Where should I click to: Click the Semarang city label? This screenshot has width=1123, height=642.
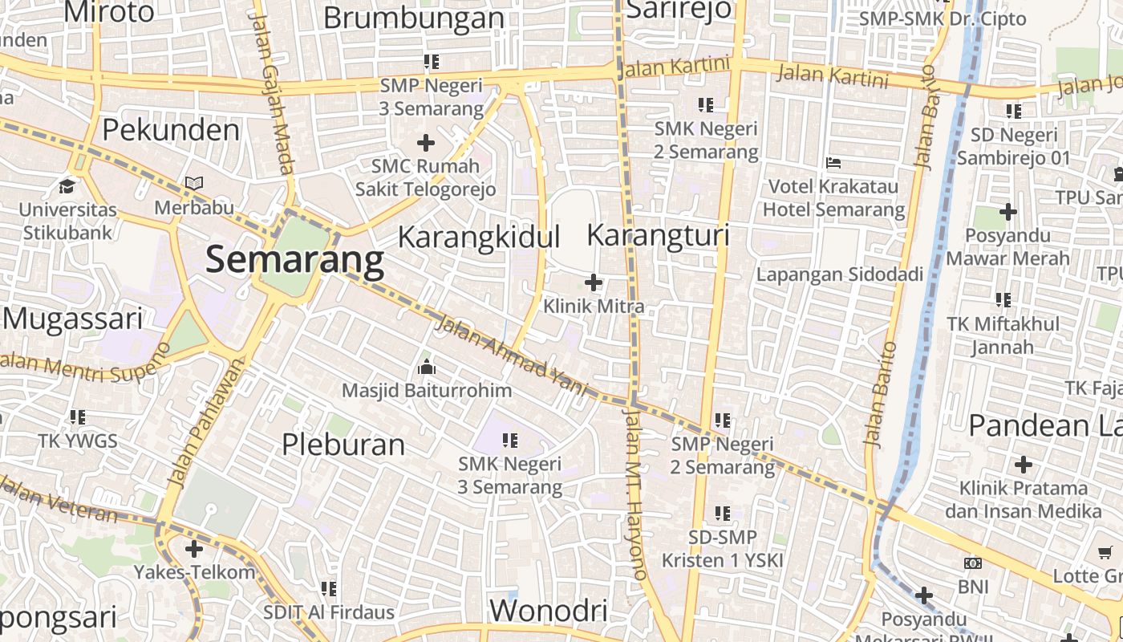click(295, 260)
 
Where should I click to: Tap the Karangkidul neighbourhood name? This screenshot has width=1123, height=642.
click(479, 238)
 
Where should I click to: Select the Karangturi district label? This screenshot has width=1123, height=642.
click(658, 235)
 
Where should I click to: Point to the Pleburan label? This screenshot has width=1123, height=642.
click(343, 444)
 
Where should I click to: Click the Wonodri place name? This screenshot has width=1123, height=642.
click(548, 611)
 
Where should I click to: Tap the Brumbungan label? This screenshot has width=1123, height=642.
click(414, 17)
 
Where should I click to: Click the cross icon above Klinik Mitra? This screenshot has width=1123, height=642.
click(594, 282)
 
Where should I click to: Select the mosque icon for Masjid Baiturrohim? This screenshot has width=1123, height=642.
click(427, 368)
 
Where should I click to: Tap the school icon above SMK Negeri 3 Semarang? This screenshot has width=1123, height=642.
click(510, 440)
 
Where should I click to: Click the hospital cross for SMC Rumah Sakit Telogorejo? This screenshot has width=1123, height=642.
click(426, 143)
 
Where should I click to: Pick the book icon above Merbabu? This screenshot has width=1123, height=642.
click(193, 184)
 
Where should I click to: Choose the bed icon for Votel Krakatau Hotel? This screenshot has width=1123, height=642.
click(833, 163)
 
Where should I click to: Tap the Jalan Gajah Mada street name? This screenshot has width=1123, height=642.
click(273, 92)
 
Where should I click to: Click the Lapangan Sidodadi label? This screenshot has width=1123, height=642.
click(840, 274)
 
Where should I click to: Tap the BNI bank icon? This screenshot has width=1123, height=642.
click(973, 563)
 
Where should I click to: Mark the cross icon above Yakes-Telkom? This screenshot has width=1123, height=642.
click(194, 549)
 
